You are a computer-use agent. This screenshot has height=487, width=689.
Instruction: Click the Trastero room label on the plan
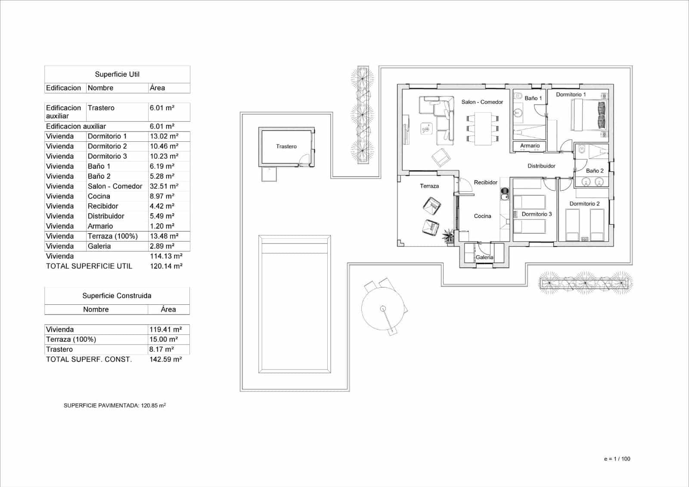tap(286, 147)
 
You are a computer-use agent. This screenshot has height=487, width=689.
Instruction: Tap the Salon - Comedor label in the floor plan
tap(482, 102)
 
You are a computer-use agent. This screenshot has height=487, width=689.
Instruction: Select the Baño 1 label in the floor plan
tap(533, 98)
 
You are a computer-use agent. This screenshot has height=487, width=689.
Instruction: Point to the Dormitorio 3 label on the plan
tap(537, 214)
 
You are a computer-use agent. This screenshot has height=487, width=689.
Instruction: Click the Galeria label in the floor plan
tap(484, 257)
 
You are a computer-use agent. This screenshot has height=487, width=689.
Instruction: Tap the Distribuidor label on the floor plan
tap(541, 166)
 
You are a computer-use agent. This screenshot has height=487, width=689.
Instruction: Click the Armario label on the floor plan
tap(530, 146)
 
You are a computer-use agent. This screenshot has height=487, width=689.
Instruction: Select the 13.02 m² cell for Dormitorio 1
tap(164, 136)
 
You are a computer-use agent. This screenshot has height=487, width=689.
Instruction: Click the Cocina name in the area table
tap(99, 196)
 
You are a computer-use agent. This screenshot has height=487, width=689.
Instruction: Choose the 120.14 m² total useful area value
tap(166, 266)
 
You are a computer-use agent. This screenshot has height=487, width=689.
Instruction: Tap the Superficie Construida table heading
tap(117, 296)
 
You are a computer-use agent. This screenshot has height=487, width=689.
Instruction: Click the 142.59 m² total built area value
tap(165, 359)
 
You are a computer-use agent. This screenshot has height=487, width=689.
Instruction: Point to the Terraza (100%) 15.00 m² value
tap(163, 340)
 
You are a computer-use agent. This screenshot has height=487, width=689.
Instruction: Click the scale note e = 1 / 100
tap(617, 459)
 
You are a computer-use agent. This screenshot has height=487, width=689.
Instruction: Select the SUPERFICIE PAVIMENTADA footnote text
tap(115, 406)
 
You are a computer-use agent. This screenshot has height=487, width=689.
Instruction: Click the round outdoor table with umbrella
tap(383, 309)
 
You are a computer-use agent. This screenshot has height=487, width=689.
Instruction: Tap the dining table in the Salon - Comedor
tap(482, 128)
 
